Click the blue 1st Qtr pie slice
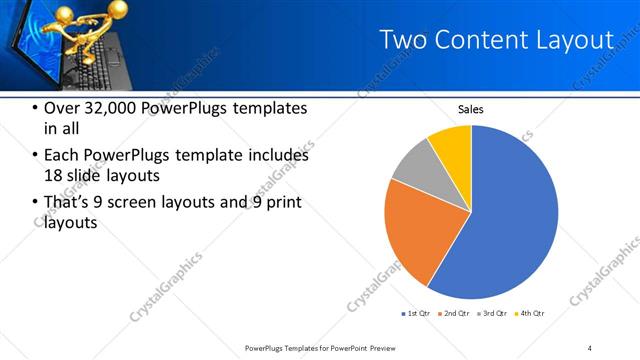pyautogui.click(x=510, y=220)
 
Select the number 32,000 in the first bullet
pyautogui.click(x=120, y=108)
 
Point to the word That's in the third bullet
pyautogui.click(x=70, y=203)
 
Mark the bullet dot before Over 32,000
pyautogui.click(x=36, y=109)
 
